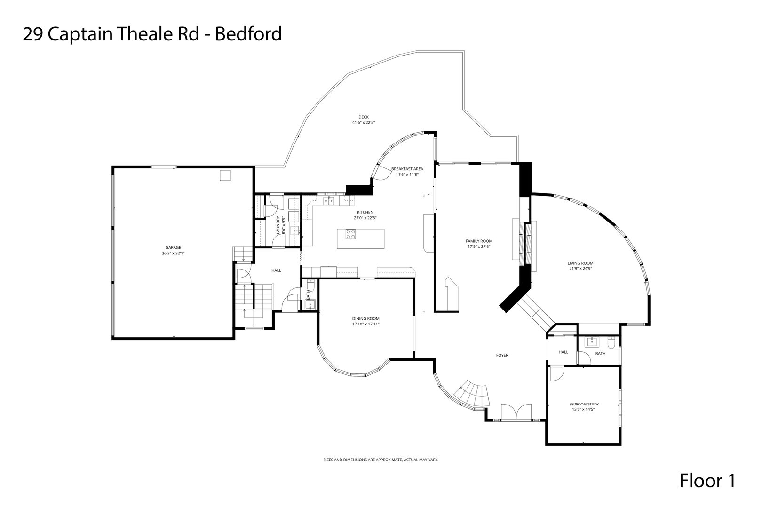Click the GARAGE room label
pyautogui.click(x=173, y=248)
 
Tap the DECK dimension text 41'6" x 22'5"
pyautogui.click(x=364, y=123)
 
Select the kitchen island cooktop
pyautogui.click(x=351, y=234)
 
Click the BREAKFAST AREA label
pyautogui.click(x=407, y=169)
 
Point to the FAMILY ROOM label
pyautogui.click(x=479, y=241)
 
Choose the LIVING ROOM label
pyautogui.click(x=580, y=263)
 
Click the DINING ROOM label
pyautogui.click(x=365, y=319)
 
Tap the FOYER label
pyautogui.click(x=502, y=355)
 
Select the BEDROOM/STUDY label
pyautogui.click(x=583, y=404)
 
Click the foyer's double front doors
pyautogui.click(x=516, y=412)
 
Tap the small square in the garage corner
pyautogui.click(x=226, y=175)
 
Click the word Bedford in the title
pyautogui.click(x=248, y=34)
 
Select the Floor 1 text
pyautogui.click(x=707, y=481)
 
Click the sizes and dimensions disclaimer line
pyautogui.click(x=381, y=460)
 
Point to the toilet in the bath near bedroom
pyautogui.click(x=611, y=342)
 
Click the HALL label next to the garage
pyautogui.click(x=276, y=270)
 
